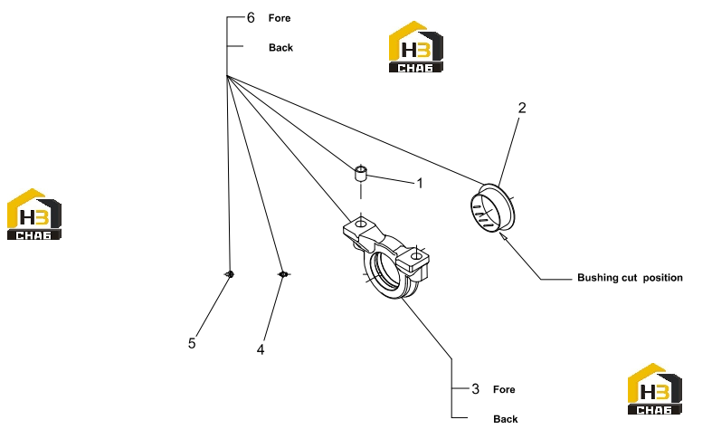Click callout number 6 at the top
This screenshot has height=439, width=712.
pos(251,18)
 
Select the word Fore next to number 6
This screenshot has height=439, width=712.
pos(280,18)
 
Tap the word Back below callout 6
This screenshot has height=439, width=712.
pos(280,48)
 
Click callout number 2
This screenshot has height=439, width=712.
pos(522,108)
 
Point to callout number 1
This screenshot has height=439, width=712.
pos(420,183)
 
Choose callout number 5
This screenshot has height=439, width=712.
pos(192,343)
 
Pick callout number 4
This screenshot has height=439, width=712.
pos(261,349)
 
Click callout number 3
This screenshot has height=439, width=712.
pos(476,389)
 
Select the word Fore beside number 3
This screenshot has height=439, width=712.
pos(504,389)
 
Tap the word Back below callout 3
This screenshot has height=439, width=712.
pos(506,419)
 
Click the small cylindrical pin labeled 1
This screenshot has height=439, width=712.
pos(361,173)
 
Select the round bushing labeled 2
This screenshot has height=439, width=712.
pos(493,206)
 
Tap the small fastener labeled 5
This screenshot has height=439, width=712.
pos(230,274)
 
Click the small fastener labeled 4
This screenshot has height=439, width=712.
pos(283,274)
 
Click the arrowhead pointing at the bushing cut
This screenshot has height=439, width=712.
pos(503,235)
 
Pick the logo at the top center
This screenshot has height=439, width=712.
pos(416,46)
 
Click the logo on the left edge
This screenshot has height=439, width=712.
pos(34,214)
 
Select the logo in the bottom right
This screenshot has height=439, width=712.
pos(655,388)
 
